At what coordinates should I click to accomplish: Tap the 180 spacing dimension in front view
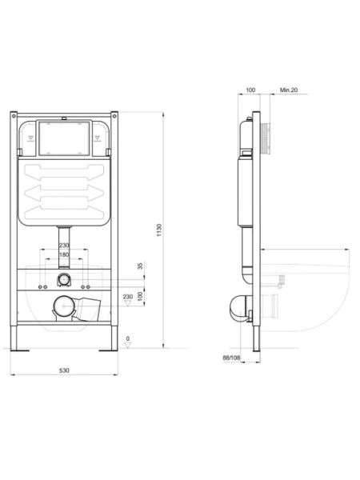pyautogui.click(x=64, y=254)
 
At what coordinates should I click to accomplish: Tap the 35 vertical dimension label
pyautogui.click(x=141, y=266)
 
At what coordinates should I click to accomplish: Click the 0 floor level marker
pyautogui.click(x=128, y=339)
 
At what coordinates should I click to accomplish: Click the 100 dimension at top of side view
pyautogui.click(x=250, y=90)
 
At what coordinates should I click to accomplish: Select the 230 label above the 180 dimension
pyautogui.click(x=64, y=245)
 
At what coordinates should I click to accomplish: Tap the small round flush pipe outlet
pyautogui.click(x=64, y=280)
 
